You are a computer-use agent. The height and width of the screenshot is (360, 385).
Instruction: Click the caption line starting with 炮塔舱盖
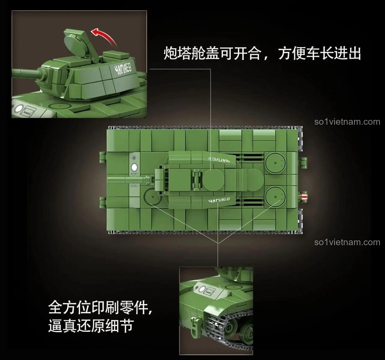262,54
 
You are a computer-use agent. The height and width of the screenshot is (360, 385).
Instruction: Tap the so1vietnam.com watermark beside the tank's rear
347,122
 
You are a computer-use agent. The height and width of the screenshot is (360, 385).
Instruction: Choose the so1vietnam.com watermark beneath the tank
347,242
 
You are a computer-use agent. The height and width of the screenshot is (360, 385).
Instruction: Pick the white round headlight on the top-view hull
134,167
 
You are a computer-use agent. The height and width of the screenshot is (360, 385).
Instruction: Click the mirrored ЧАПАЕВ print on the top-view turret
219,160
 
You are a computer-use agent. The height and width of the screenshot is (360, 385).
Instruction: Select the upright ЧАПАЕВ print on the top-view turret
219,200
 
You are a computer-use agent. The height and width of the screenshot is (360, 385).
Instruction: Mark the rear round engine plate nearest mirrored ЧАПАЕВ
275,163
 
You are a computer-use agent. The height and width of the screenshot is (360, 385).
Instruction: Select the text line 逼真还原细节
91,326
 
